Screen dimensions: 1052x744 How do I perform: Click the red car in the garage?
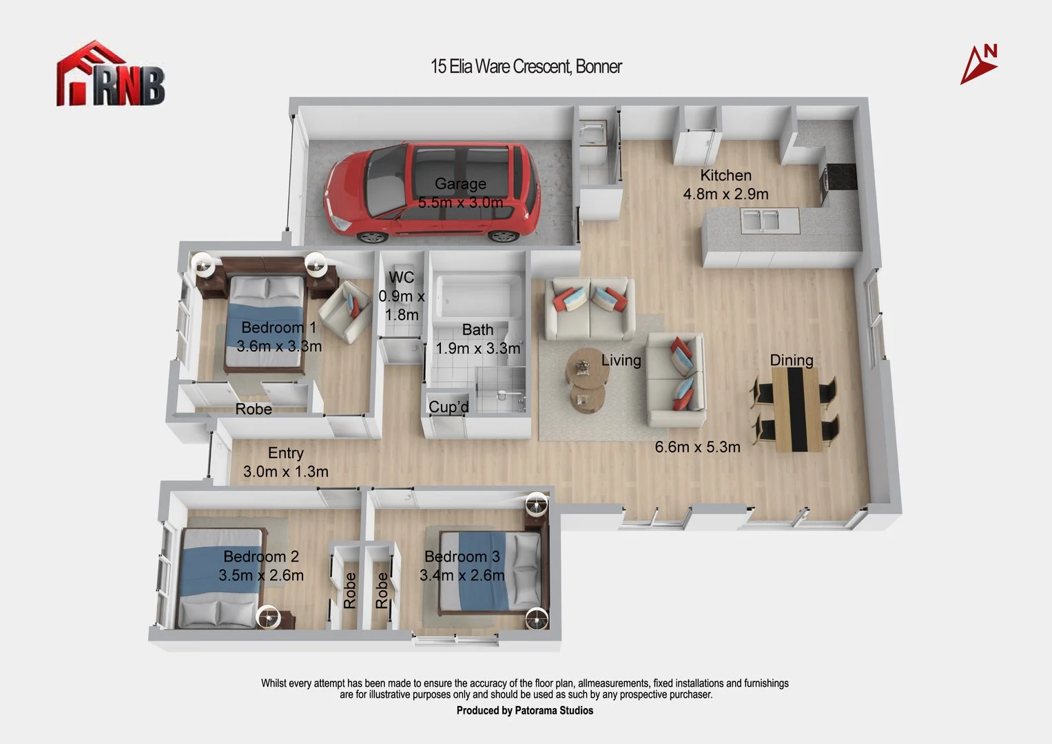pos(432,193)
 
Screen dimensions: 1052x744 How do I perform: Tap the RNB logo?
pos(111,74)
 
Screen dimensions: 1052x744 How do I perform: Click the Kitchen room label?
pos(725,175)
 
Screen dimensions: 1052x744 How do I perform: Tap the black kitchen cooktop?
pos(840,176)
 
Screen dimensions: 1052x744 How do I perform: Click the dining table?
pos(796,409)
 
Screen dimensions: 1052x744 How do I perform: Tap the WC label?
pos(402,277)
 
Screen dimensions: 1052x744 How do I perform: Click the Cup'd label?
pos(448,406)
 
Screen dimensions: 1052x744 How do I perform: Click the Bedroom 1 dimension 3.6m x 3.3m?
pos(279,346)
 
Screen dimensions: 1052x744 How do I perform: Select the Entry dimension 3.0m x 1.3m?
pos(285,471)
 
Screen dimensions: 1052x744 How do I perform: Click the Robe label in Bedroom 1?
pos(254,409)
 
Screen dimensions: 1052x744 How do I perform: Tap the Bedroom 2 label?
pos(261,557)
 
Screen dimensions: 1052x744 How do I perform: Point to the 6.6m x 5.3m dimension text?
pos(697,446)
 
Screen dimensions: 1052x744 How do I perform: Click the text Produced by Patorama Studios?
pos(524,711)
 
